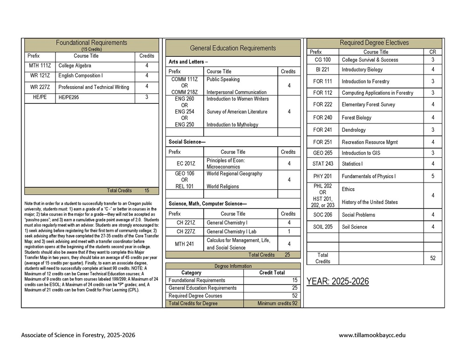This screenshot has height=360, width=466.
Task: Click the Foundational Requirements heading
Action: [91, 43]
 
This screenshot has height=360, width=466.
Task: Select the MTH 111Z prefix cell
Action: [40, 66]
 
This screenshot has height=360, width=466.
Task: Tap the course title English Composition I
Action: [81, 75]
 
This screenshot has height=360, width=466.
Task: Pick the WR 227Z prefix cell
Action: [40, 87]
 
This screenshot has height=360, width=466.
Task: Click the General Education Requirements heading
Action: [233, 48]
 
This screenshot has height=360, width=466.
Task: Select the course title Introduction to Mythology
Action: [232, 124]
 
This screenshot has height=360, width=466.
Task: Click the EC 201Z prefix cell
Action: [185, 163]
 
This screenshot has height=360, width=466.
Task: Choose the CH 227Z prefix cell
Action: [185, 231]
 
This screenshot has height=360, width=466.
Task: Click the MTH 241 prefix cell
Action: [185, 244]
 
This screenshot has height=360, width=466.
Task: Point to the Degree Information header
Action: [233, 266]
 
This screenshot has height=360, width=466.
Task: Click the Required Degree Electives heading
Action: [374, 43]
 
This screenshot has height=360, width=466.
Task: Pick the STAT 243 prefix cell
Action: [322, 164]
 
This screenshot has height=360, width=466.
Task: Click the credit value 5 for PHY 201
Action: [433, 176]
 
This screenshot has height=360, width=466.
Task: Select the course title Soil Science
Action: [354, 227]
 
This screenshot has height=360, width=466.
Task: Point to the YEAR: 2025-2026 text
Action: [337, 281]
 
